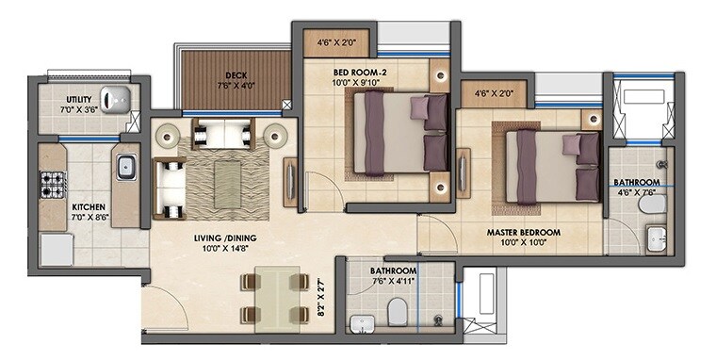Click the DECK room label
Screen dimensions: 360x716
tap(236, 75)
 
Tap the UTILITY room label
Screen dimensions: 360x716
tap(78, 100)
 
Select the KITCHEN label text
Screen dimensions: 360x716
tap(88, 206)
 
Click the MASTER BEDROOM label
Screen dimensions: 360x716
tap(524, 231)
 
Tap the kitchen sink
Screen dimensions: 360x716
tap(126, 168)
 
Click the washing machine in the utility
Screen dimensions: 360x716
tap(114, 98)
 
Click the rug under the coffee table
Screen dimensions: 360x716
tap(228, 178)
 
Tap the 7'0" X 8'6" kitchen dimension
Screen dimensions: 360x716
tap(88, 217)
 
